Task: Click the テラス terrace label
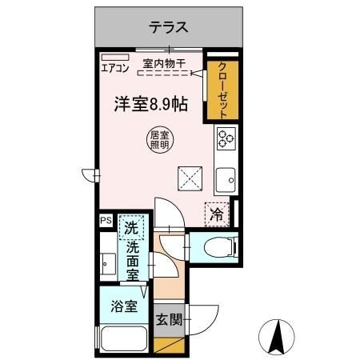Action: [x=168, y=27]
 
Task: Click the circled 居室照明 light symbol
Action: [x=158, y=139]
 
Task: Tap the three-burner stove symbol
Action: [x=225, y=138]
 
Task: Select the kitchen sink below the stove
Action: [x=225, y=181]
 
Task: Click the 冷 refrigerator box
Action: [x=214, y=213]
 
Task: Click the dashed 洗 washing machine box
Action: [x=131, y=227]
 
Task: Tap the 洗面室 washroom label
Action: [x=133, y=259]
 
